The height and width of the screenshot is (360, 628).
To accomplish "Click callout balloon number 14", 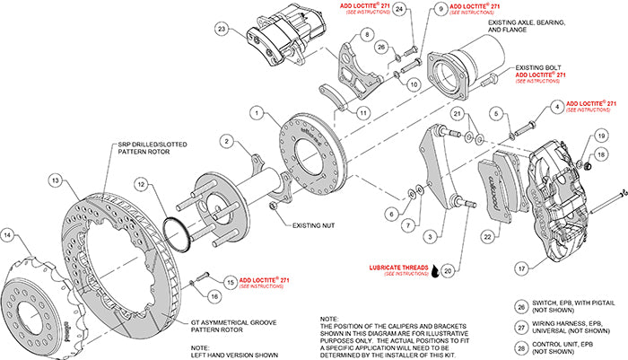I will (9, 236).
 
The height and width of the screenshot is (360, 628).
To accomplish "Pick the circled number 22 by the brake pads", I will (487, 236).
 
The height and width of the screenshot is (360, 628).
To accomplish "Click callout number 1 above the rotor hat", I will (257, 114).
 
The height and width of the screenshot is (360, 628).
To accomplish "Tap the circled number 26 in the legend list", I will (522, 304).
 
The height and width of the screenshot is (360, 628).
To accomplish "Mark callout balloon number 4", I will (559, 107).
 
